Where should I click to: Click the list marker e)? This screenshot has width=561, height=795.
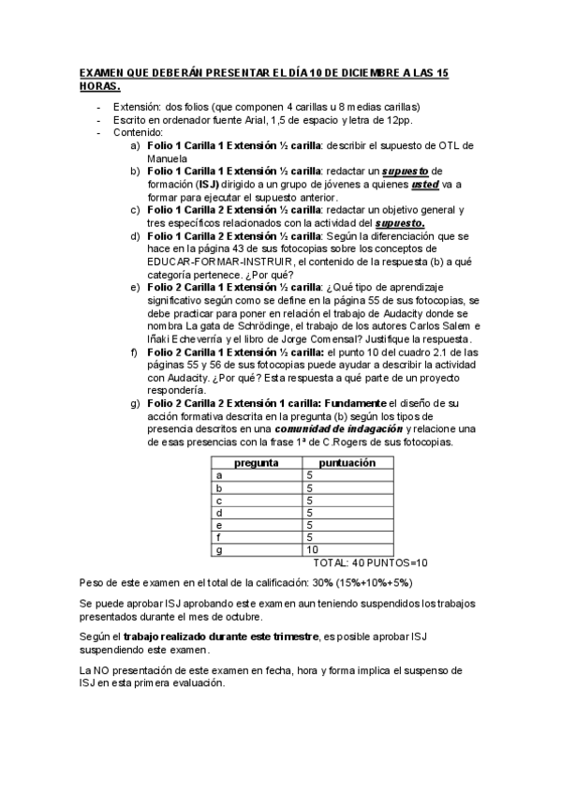(x=137, y=288)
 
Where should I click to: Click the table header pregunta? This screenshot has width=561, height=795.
(x=256, y=463)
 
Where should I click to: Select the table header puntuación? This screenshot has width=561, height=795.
(x=347, y=463)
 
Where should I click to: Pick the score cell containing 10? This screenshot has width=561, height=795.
(x=312, y=549)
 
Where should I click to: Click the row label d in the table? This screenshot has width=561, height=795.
(x=219, y=513)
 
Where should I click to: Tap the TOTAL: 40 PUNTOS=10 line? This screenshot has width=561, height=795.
(x=370, y=562)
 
